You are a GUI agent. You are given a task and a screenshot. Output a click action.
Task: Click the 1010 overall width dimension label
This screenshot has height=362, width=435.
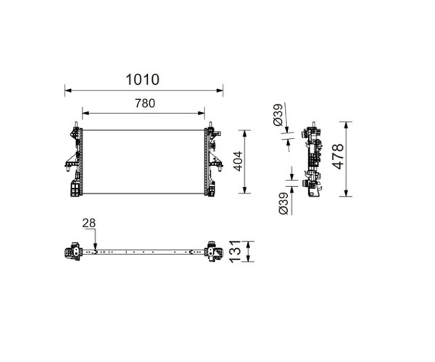(x=143, y=80)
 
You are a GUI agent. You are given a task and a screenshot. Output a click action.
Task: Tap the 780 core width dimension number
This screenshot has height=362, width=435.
(x=145, y=104)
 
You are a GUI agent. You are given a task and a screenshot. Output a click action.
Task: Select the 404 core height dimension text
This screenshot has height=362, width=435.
(x=238, y=161)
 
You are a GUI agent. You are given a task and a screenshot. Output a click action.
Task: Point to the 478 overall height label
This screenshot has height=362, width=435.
(x=338, y=156)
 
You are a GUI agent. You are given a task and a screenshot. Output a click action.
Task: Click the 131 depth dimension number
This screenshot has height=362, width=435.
(x=235, y=251)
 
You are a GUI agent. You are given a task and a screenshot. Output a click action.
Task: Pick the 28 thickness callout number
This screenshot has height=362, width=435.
(x=88, y=223)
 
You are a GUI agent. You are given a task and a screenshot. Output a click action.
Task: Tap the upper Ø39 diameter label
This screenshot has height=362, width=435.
(x=278, y=114)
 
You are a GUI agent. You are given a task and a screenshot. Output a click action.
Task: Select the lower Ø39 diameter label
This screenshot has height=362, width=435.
(x=283, y=203)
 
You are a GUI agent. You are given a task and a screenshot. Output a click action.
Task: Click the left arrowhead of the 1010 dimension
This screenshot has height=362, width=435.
(x=68, y=90)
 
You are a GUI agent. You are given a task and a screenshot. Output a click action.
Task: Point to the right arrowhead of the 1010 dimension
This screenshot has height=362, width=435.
(x=220, y=90)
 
